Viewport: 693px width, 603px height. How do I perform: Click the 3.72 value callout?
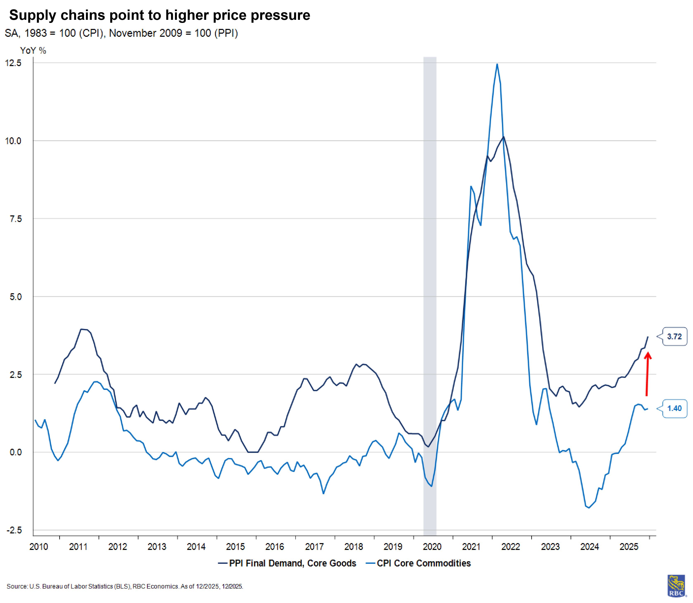tap(674, 336)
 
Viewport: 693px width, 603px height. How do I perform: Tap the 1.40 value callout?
tap(674, 408)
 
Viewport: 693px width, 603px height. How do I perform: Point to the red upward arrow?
tap(647, 374)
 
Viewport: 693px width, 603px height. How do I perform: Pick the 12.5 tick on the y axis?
tap(13, 63)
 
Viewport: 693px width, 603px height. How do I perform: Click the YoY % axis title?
tap(33, 50)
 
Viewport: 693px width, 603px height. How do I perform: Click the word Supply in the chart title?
tap(32, 15)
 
